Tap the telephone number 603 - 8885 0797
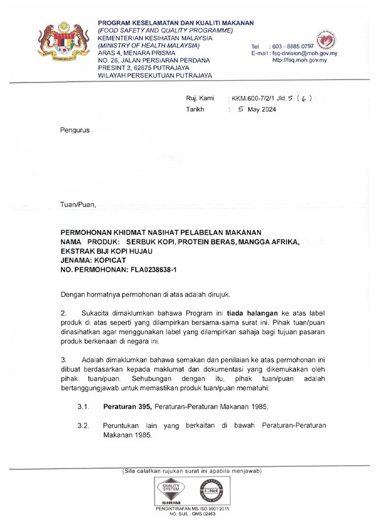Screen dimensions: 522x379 point(293,46)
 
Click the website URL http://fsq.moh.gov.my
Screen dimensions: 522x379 point(299,60)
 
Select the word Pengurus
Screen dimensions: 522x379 point(75,130)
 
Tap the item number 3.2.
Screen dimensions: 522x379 point(84,425)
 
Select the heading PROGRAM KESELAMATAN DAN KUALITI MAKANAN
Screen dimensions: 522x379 point(176,23)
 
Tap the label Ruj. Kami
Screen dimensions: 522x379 point(200,98)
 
